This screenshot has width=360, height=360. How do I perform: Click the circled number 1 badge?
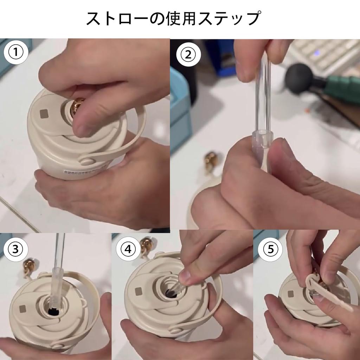(x=16, y=52)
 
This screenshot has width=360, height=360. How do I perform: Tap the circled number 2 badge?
(x=188, y=54)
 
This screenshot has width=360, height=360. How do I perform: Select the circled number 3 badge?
(x=15, y=249)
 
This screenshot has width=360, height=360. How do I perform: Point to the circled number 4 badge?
(x=128, y=249)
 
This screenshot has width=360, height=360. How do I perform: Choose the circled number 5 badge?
(x=270, y=249)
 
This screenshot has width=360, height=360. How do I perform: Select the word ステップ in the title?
(x=230, y=18)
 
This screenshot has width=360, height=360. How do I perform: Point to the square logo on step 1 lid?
(x=44, y=114)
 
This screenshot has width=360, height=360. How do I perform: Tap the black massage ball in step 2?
(x=298, y=78)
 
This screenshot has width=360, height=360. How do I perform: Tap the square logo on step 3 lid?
(x=23, y=309)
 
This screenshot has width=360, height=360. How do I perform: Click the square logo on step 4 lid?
(x=139, y=291)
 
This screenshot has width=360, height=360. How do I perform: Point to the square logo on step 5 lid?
(x=291, y=294)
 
